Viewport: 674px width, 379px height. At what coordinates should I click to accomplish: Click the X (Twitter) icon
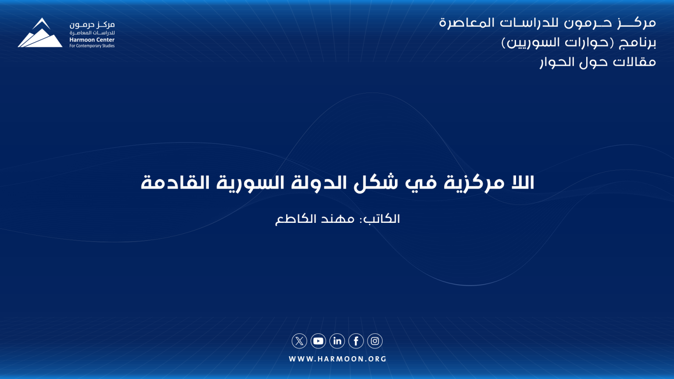299,341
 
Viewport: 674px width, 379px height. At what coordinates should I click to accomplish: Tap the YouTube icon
318,341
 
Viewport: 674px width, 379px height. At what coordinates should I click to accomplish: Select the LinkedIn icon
337,341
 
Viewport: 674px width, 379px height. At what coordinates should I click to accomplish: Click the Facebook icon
356,341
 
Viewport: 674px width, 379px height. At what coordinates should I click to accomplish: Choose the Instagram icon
375,341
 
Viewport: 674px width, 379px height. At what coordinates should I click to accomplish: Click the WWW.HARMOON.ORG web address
337,359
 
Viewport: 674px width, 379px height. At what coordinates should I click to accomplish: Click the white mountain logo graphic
40,32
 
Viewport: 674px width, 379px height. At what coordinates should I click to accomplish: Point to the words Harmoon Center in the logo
92,40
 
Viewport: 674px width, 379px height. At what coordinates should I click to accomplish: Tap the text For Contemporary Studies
92,46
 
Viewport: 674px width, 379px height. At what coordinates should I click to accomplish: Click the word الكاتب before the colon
381,219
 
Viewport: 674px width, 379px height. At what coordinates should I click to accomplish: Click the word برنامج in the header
637,43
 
